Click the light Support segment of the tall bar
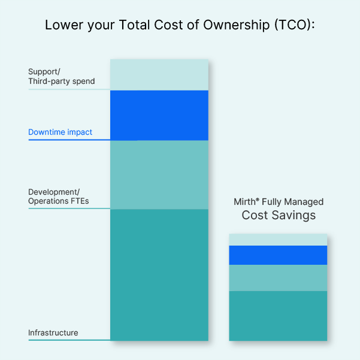pos(159,75)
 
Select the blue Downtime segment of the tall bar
pos(159,115)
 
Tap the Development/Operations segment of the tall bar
pos(159,175)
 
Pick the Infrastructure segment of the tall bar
pos(159,275)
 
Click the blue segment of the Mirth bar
pos(278,255)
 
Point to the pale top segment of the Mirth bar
pos(278,240)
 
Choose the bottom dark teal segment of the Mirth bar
pos(278,316)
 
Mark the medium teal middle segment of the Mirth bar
pos(278,278)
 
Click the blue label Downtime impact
pos(60,132)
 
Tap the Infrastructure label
pos(53,332)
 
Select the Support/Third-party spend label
pos(62,77)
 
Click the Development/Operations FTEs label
pos(59,196)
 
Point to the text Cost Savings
pos(279,216)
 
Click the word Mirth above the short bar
pos(244,202)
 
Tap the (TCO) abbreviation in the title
pos(295,25)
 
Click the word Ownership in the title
pos(236,25)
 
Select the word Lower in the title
pos(64,25)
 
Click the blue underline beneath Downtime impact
pos(69,140)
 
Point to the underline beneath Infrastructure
pos(69,340)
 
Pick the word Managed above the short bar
pos(304,202)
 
